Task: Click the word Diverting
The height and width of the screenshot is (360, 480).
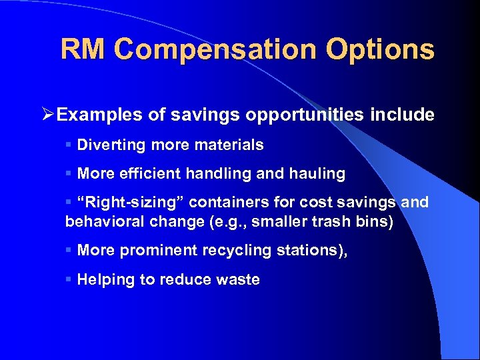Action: point(109,145)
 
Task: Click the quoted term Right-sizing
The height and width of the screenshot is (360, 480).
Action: point(131,203)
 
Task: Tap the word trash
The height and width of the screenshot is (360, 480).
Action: point(329,221)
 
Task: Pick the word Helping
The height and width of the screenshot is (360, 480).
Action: point(106,280)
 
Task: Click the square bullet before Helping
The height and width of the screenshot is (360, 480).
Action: point(69,279)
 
